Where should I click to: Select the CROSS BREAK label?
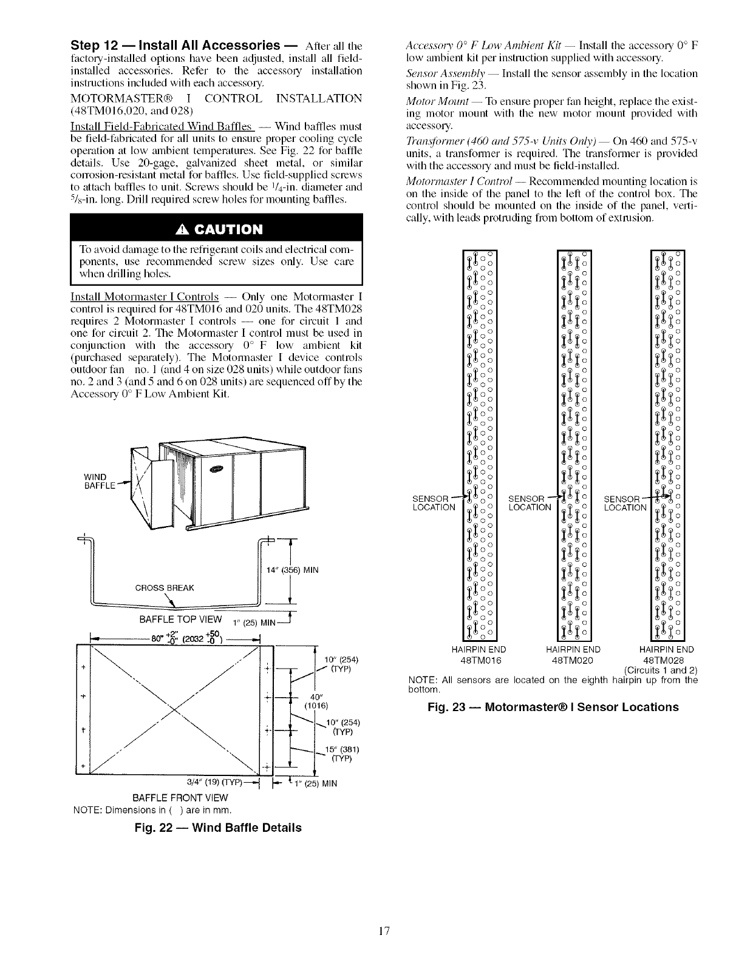click(x=165, y=587)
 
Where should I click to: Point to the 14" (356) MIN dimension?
click(x=293, y=570)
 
